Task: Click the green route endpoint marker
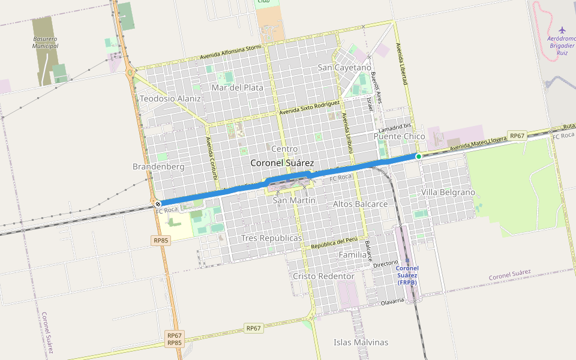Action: pyautogui.click(x=419, y=156)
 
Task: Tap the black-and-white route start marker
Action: pyautogui.click(x=158, y=204)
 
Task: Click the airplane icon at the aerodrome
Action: pyautogui.click(x=562, y=30)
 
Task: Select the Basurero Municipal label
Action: pyautogui.click(x=46, y=42)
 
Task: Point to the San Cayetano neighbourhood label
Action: pyautogui.click(x=344, y=67)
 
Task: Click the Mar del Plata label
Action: pyautogui.click(x=238, y=88)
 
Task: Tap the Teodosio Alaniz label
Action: pyautogui.click(x=170, y=98)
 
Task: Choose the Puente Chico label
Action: pyautogui.click(x=399, y=136)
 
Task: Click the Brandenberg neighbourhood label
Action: pyautogui.click(x=158, y=166)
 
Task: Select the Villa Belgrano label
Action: pyautogui.click(x=448, y=192)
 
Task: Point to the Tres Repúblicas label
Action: pyautogui.click(x=271, y=238)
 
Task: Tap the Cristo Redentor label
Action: pyautogui.click(x=323, y=276)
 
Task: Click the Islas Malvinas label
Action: pyautogui.click(x=361, y=343)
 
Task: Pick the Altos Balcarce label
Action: pyautogui.click(x=360, y=204)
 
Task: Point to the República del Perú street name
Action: pyautogui.click(x=334, y=243)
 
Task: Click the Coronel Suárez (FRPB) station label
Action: pyautogui.click(x=407, y=275)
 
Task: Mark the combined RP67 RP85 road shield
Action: pyautogui.click(x=175, y=339)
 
